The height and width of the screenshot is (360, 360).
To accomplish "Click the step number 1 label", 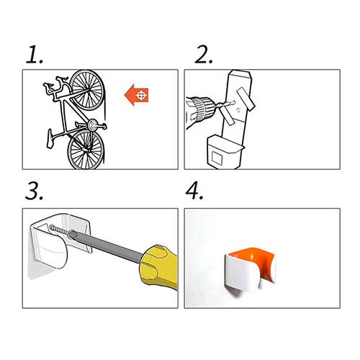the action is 35,55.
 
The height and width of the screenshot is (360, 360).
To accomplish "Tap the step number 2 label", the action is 204,55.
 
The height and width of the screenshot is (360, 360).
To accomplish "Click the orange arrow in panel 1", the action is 136,95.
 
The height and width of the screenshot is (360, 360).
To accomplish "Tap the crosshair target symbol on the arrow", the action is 142,95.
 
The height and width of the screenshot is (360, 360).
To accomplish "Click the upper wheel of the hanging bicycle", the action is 87,90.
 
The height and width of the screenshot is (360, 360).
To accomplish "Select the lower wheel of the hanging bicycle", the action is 86,149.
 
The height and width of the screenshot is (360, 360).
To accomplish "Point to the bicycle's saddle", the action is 50,139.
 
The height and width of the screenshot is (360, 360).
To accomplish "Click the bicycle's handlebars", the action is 55,85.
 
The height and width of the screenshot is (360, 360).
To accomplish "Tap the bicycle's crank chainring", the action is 92,125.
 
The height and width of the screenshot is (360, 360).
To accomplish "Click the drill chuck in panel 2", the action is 203,109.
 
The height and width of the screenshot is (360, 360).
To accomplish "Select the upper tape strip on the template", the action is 246,99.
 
